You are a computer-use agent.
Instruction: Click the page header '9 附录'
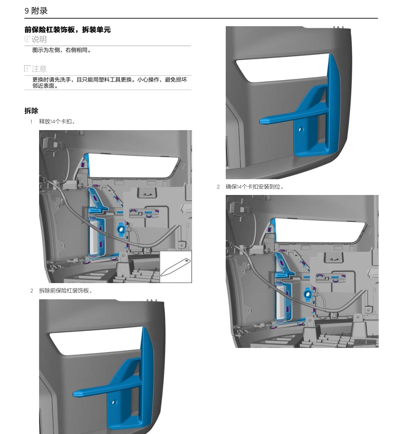click(36, 11)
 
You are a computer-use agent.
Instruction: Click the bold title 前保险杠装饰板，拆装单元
click(67, 30)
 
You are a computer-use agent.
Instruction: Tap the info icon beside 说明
click(27, 39)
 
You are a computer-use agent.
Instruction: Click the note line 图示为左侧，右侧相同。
click(62, 50)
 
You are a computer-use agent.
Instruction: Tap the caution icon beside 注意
click(27, 68)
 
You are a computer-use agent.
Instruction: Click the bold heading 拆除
click(31, 111)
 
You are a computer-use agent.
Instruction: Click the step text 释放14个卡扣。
click(57, 122)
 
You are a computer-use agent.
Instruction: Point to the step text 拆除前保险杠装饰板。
click(66, 291)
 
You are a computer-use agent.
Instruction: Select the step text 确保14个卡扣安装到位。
click(255, 187)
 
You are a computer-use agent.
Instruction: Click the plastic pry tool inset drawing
click(175, 267)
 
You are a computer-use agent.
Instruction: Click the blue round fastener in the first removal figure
click(121, 227)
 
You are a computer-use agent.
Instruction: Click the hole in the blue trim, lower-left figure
click(114, 402)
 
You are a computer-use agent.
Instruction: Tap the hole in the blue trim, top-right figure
click(301, 130)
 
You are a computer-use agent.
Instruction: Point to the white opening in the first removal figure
click(133, 165)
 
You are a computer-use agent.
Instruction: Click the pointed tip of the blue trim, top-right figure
click(262, 122)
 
